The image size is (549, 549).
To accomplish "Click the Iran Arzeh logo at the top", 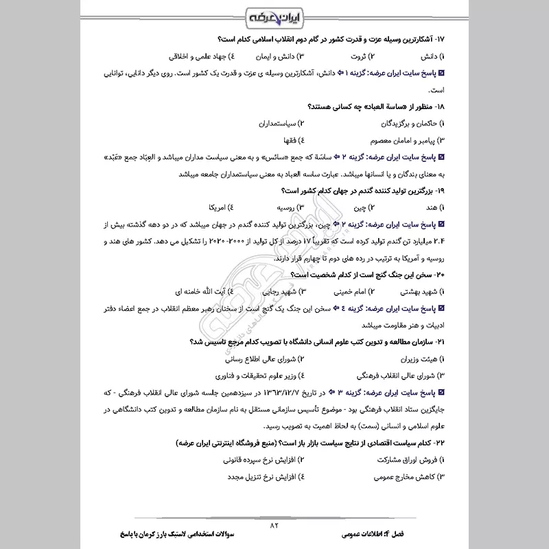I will pyautogui.click(x=274, y=15).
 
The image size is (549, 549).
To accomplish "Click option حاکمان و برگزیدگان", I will pyautogui.click(x=405, y=124).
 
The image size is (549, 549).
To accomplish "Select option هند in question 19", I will pyautogui.click(x=428, y=207).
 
